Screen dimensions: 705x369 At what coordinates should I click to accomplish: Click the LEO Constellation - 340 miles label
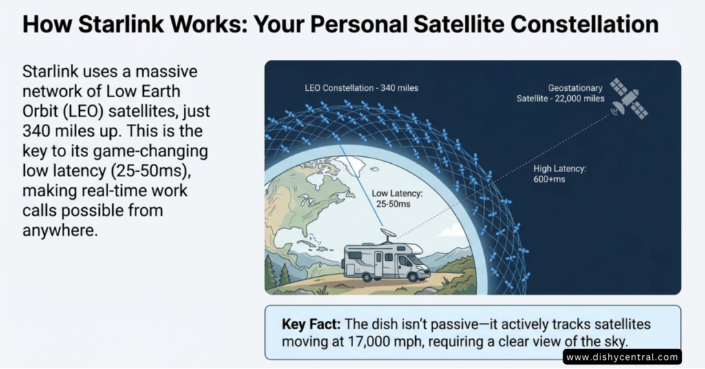coord(361,88)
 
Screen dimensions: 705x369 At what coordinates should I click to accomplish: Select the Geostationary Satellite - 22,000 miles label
coord(560,93)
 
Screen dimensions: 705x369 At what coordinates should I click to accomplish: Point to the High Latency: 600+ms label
coord(560,174)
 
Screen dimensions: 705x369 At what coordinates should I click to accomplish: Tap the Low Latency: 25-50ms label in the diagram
coord(397,199)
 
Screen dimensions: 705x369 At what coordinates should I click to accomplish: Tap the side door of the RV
coord(379,264)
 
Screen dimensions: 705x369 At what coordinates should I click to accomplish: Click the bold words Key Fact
coord(311,324)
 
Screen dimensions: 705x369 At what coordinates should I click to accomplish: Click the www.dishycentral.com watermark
coord(622,357)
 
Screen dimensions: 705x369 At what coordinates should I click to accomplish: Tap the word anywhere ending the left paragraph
coord(61,230)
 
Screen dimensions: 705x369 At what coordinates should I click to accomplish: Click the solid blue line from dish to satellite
coord(361,184)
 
